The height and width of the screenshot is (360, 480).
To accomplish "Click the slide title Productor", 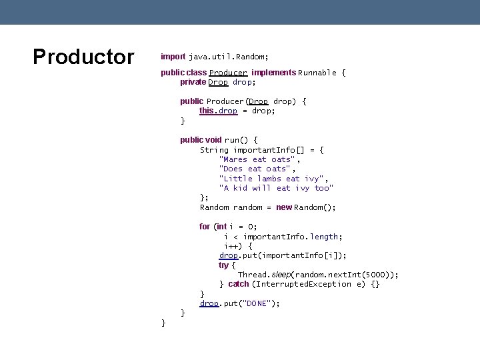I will coord(83,57).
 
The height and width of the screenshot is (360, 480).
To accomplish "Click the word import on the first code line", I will coord(173,57).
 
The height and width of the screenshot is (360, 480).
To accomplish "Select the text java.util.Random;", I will coord(229,57).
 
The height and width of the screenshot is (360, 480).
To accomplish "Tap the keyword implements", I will coord(273,73).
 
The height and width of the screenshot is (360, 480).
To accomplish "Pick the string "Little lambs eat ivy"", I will coord(273,179).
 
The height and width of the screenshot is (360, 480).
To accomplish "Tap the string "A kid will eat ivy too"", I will coord(276,188).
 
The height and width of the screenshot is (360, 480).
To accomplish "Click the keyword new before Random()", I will coord(284,207).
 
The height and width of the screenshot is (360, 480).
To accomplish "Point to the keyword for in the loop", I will coord(205,227).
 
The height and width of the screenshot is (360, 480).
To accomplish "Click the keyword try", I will coord(223,265).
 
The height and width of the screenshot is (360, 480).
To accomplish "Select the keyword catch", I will coord(238,284).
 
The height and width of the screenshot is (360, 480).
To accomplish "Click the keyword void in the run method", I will coord(213,140).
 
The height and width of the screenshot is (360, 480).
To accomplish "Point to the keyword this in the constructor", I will coord(207,111).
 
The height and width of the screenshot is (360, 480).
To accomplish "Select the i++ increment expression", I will coord(231,246).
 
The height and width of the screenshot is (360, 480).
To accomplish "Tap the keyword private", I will coord(193,82).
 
